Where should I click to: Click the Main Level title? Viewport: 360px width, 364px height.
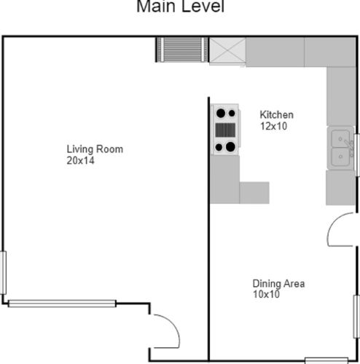[180, 7]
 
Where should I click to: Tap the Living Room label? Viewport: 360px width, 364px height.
[95, 149]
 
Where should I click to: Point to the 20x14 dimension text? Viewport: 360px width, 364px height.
[80, 161]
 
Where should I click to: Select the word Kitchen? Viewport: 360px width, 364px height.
[277, 115]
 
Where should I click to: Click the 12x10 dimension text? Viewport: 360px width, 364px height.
[274, 126]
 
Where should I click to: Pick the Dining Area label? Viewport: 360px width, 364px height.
[278, 283]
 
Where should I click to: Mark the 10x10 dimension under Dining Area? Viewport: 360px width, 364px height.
[266, 294]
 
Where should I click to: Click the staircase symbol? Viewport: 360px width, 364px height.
[182, 50]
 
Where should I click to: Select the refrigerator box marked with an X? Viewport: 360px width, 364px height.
[227, 50]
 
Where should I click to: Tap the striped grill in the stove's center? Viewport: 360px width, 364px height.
[225, 130]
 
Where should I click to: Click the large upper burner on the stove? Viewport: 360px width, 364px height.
[221, 113]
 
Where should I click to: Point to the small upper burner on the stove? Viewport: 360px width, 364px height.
[232, 113]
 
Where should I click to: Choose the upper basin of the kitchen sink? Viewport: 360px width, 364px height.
[340, 138]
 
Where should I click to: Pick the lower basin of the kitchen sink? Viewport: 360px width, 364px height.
[340, 157]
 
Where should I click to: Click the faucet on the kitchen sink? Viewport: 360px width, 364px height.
[349, 147]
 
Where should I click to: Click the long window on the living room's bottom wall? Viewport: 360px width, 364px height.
[62, 304]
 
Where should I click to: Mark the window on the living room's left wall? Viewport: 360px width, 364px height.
[3, 273]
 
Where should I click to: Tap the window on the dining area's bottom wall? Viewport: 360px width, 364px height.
[326, 360]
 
